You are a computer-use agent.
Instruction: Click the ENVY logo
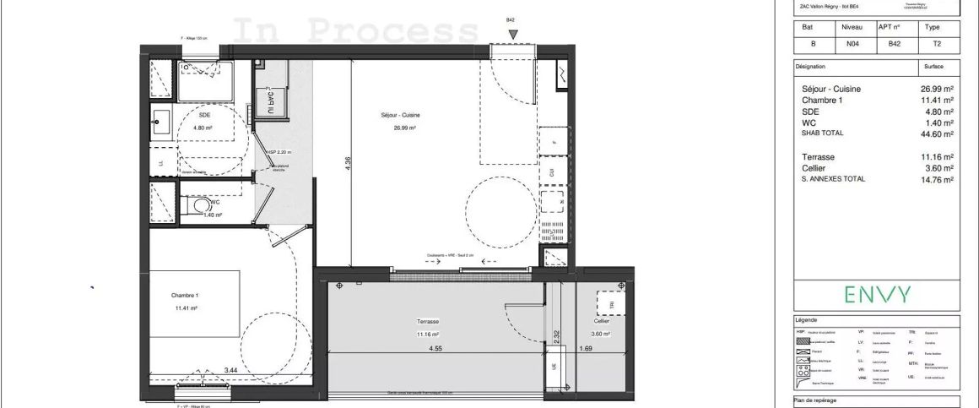coord(877,295)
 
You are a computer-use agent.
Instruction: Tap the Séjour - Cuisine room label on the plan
coord(401,116)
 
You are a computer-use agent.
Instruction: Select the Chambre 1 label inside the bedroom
coord(183,296)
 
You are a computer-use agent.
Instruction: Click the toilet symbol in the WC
coord(200,205)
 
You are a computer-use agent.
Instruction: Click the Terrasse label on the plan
coord(427,322)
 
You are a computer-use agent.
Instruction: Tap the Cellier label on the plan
coord(601,322)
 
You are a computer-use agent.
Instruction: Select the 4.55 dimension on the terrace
coord(435,348)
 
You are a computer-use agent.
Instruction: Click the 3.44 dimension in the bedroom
coord(230,370)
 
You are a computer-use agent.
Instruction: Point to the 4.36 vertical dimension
coord(348,164)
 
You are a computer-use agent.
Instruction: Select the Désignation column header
coord(811,67)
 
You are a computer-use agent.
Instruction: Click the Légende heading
coord(808,321)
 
